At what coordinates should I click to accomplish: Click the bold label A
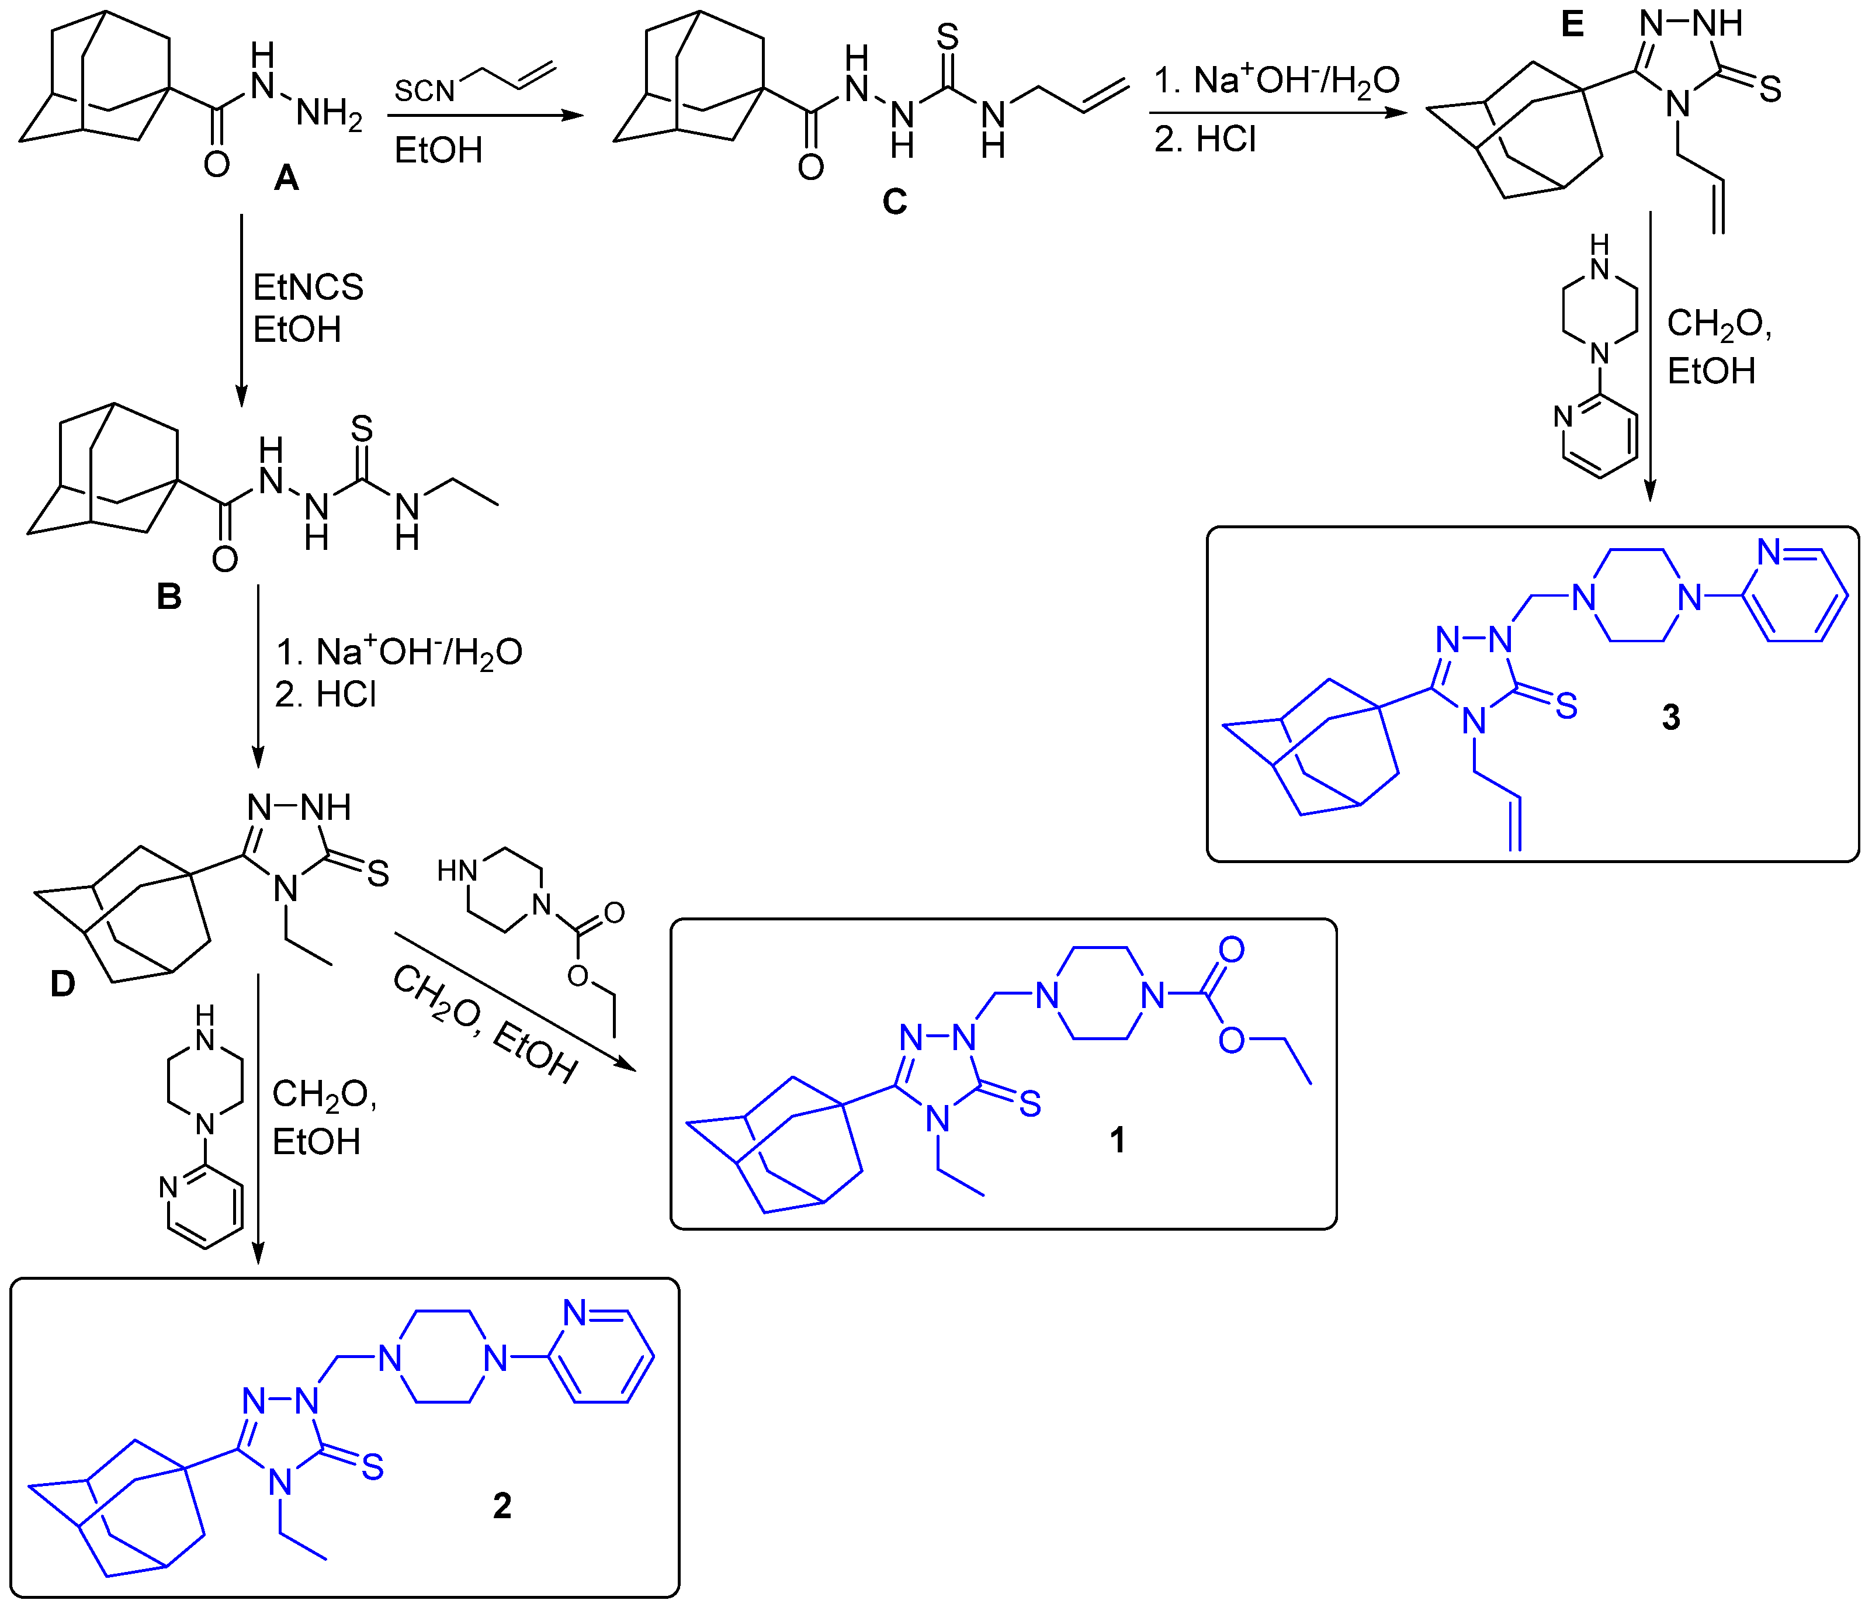286,178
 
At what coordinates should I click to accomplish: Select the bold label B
169,597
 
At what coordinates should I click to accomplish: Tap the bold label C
895,200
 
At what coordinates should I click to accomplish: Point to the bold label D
63,983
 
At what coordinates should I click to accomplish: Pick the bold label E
1572,25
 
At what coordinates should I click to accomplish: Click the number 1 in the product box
1118,1141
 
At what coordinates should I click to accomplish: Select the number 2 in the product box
502,1506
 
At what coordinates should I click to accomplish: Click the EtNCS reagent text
308,288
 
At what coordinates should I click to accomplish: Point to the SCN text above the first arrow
424,91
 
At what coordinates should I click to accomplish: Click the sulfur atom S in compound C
947,37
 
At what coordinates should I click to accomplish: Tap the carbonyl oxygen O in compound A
217,164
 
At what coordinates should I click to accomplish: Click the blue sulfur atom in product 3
1566,706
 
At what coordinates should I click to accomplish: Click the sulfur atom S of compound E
1771,89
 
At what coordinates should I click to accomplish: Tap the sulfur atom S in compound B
362,428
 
